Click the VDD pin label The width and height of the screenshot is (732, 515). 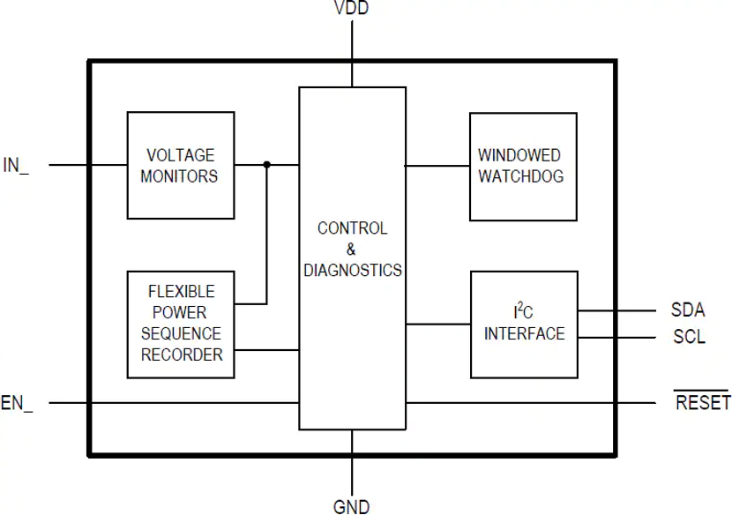[x=351, y=9]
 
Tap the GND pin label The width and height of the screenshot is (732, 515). [x=351, y=506]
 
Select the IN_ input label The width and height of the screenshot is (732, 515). [x=16, y=165]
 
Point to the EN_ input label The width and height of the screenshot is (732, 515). [x=17, y=404]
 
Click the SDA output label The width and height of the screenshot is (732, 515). [x=688, y=310]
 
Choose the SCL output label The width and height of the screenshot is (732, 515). [x=689, y=337]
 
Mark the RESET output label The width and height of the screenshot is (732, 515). [x=703, y=404]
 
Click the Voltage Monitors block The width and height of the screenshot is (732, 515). [x=180, y=165]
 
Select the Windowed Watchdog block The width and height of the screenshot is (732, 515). [x=522, y=166]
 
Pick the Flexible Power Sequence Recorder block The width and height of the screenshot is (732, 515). [x=181, y=324]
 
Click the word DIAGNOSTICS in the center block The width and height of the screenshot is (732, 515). [x=352, y=271]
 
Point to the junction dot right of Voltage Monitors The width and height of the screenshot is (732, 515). [x=267, y=164]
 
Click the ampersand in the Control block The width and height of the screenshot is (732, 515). [x=351, y=250]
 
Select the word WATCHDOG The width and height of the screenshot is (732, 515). [x=520, y=176]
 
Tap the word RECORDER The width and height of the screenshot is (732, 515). [x=182, y=355]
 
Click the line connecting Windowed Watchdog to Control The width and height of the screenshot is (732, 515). [x=437, y=165]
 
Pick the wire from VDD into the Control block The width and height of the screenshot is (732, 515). [x=352, y=53]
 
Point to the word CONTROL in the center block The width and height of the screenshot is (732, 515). [x=352, y=228]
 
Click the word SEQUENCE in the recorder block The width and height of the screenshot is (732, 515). [x=182, y=334]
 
